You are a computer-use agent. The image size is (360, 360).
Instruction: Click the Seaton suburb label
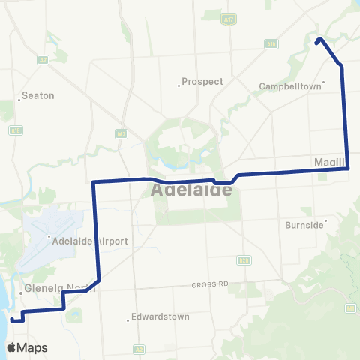[x=38, y=95]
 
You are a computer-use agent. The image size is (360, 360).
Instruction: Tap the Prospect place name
[x=202, y=81]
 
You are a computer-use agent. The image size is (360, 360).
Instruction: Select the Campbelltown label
[x=289, y=86]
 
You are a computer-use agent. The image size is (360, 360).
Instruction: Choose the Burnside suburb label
[x=304, y=224]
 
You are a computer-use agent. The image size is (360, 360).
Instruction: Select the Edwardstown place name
[x=160, y=316]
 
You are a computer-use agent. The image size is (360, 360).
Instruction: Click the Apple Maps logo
[x=27, y=347]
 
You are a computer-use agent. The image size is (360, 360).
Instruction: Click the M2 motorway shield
[x=121, y=133]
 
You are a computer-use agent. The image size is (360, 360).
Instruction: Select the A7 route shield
[x=43, y=59]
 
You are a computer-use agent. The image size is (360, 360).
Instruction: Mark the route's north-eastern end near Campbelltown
[x=319, y=40]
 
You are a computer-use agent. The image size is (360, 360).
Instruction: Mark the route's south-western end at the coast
[x=13, y=319]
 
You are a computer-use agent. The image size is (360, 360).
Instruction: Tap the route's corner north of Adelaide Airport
[x=93, y=182]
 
